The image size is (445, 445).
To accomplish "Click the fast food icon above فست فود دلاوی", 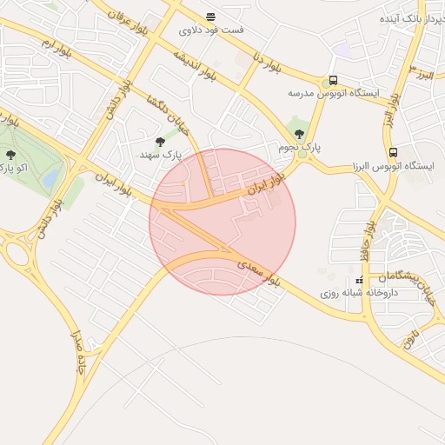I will tap(210, 17).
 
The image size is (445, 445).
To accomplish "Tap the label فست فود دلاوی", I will tap(211, 30).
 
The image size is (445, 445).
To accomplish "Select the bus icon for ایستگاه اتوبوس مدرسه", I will tap(333, 79).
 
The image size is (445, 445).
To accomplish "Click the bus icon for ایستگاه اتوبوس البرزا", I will tap(393, 152).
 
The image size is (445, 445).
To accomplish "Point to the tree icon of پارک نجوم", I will tap(300, 134).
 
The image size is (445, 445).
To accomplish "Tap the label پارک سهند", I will tap(162, 154).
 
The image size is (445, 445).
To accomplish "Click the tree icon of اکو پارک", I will tap(10, 155).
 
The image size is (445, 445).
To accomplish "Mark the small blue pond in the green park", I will tap(50, 177).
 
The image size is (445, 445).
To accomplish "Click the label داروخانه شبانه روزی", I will tap(358, 293).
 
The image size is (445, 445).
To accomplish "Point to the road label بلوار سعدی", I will tap(260, 272).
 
